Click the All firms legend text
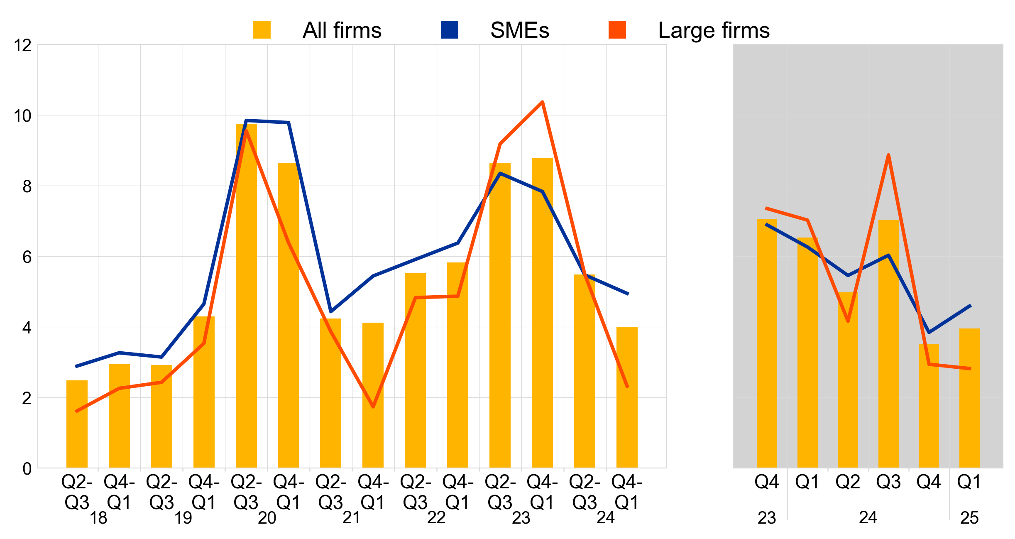(x=342, y=30)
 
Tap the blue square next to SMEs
(x=449, y=30)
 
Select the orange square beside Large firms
(x=617, y=30)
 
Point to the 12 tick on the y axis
(x=23, y=45)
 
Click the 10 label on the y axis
(x=23, y=116)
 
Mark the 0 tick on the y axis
(x=27, y=469)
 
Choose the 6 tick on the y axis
(x=27, y=257)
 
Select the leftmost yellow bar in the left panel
(x=77, y=424)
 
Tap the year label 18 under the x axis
(x=98, y=518)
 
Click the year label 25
(x=969, y=518)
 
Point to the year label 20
(x=267, y=518)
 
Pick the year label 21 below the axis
(x=352, y=518)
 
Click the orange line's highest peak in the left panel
(x=542, y=102)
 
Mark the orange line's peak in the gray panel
(x=888, y=155)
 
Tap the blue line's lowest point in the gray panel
(x=929, y=332)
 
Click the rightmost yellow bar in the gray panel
(x=969, y=399)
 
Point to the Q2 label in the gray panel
(x=848, y=482)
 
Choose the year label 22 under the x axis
(x=436, y=518)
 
